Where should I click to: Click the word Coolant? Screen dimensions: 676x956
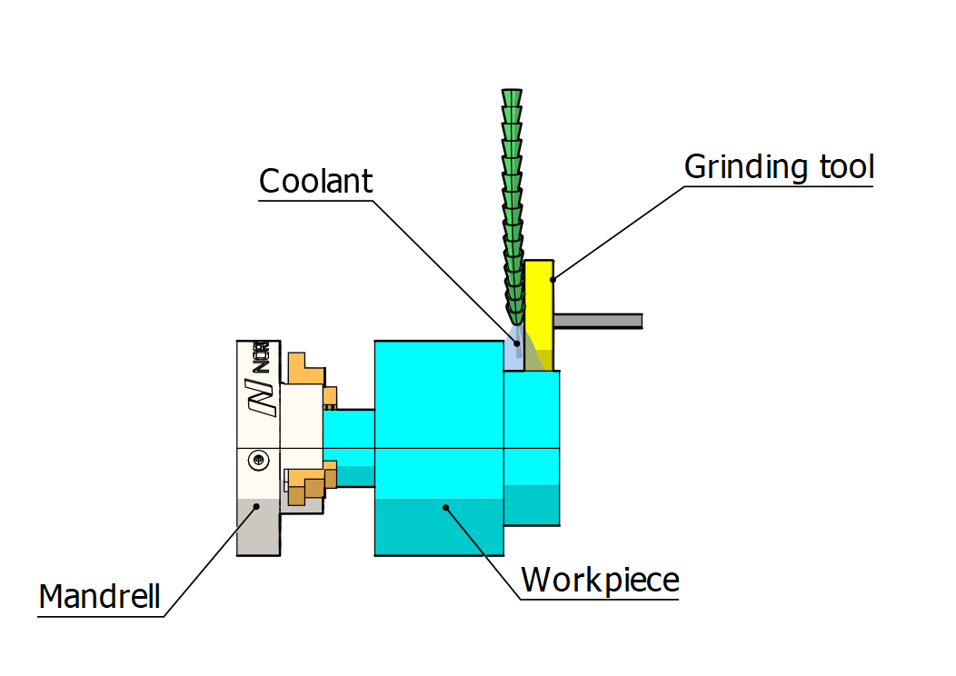tap(315, 181)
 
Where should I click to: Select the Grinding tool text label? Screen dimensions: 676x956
tap(779, 167)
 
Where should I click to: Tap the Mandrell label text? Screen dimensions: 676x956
tap(100, 597)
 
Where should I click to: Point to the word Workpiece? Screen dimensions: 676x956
tap(600, 579)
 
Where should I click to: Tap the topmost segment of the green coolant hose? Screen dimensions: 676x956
tap(513, 97)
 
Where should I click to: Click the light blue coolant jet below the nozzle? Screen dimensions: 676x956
tap(515, 350)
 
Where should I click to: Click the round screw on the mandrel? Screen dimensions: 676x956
tap(259, 462)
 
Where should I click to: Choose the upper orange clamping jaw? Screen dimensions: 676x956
tap(307, 372)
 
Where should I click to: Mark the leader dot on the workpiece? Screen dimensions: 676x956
tap(444, 508)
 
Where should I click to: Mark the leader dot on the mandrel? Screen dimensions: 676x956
tap(257, 507)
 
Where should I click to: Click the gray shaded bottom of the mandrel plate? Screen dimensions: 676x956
tap(257, 532)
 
